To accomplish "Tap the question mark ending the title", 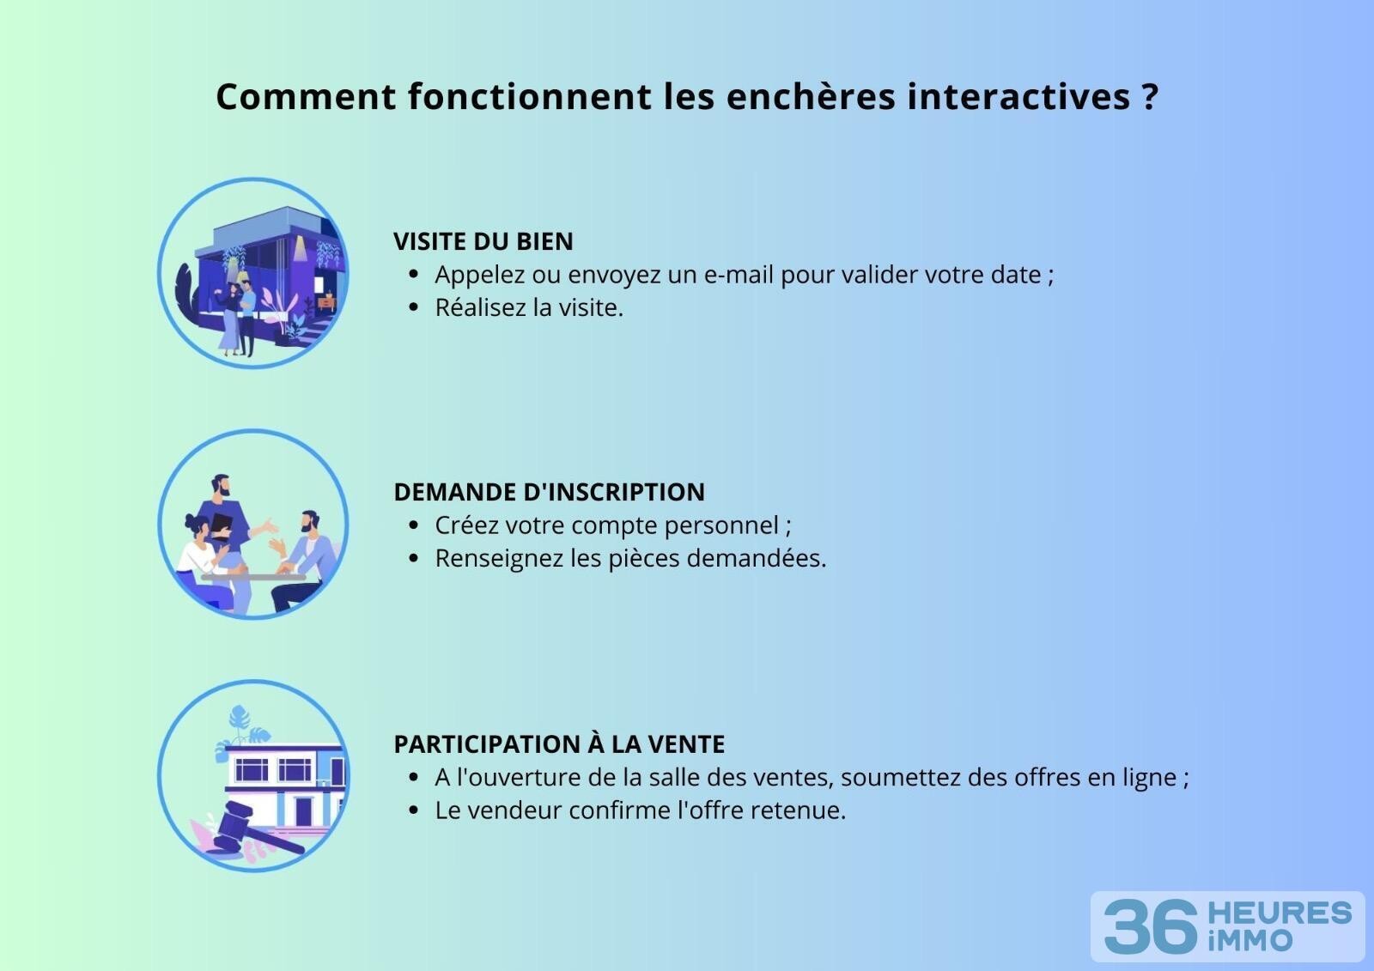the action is pos(1150,97).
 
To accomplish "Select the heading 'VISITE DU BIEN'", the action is pos(483,241).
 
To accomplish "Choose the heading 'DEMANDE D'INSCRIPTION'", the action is pos(549,492).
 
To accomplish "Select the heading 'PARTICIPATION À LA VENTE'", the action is pos(559,744).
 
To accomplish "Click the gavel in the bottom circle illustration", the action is pos(252,829).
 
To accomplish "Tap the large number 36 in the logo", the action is pos(1150,926).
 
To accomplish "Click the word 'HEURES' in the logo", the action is pos(1280,913).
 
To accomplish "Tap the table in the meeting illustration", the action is pos(253,577).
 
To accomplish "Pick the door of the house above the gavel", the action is pos(304,811).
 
